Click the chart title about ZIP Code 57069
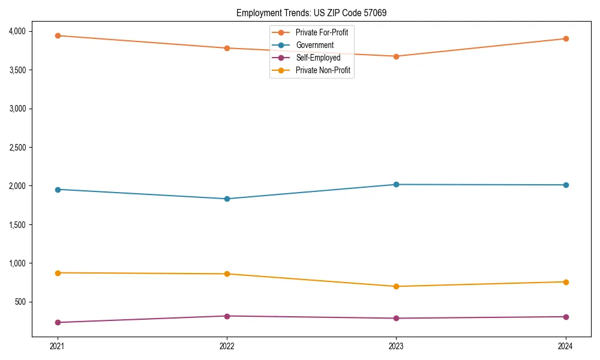pos(315,13)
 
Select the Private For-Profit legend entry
pos(322,32)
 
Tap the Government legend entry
pos(314,45)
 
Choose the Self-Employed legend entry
pos(318,58)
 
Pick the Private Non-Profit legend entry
pos(323,71)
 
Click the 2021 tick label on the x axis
pos(58,346)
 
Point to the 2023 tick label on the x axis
pos(396,346)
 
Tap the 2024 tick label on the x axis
pos(565,346)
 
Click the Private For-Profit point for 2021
pos(58,35)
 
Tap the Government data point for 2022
pos(227,199)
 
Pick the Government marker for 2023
pos(396,184)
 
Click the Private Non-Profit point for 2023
pos(396,286)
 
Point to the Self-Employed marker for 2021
pos(58,322)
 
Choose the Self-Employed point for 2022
pos(227,316)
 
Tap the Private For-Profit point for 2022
pos(227,48)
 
